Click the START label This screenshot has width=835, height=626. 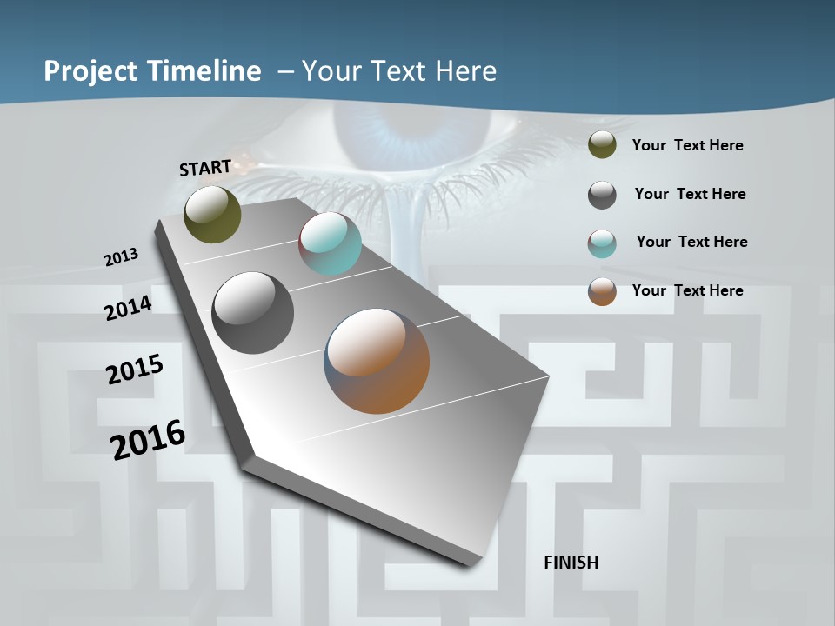[205, 168]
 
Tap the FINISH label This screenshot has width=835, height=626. [571, 563]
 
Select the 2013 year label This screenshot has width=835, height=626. [121, 257]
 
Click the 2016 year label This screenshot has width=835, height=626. [148, 440]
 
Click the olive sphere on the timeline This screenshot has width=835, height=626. [212, 214]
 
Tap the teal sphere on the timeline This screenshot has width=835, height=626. [330, 243]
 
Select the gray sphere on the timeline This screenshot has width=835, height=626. [252, 313]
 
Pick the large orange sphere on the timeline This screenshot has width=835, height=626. [377, 361]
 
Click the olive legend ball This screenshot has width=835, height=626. [602, 145]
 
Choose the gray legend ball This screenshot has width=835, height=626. [602, 195]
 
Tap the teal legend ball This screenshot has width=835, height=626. [602, 243]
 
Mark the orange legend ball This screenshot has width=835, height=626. [602, 291]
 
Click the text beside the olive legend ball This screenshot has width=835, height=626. [687, 145]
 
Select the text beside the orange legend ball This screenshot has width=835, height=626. [687, 290]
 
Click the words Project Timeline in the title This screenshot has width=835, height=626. [152, 71]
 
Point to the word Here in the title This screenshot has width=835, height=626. [467, 71]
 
